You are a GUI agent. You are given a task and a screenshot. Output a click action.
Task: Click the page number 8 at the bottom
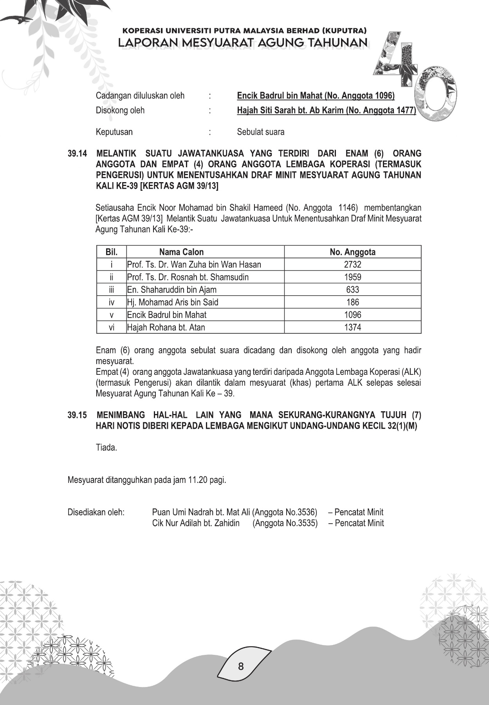pyautogui.click(x=241, y=666)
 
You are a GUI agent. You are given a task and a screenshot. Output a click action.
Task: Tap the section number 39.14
pyautogui.click(x=77, y=154)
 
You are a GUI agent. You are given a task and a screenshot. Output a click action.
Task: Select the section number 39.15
pyautogui.click(x=77, y=415)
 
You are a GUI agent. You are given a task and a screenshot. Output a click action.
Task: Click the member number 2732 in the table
pyautogui.click(x=352, y=264)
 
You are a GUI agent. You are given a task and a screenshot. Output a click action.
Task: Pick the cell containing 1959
pyautogui.click(x=352, y=277)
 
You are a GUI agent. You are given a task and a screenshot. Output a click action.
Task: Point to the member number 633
pyautogui.click(x=352, y=289)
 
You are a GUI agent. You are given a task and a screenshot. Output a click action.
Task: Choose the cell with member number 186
pyautogui.click(x=352, y=302)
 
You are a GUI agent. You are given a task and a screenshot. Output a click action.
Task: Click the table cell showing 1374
pyautogui.click(x=352, y=327)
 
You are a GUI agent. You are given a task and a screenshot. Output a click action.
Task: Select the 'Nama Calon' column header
pyautogui.click(x=181, y=252)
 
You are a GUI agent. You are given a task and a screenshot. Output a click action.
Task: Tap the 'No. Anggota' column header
pyautogui.click(x=352, y=252)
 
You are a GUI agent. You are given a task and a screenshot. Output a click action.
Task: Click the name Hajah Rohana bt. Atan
pyautogui.click(x=166, y=327)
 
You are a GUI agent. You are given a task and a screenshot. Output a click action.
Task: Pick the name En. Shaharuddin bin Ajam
pyautogui.click(x=172, y=289)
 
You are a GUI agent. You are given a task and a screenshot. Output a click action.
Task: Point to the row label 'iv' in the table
pyautogui.click(x=112, y=302)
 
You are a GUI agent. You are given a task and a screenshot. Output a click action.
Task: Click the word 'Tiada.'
pyautogui.click(x=106, y=447)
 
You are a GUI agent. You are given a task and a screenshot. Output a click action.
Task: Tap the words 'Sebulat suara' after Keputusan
pyautogui.click(x=261, y=132)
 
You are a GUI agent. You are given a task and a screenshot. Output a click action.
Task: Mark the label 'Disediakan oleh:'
pyautogui.click(x=96, y=512)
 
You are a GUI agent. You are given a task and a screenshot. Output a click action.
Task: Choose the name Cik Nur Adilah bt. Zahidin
pyautogui.click(x=196, y=523)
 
